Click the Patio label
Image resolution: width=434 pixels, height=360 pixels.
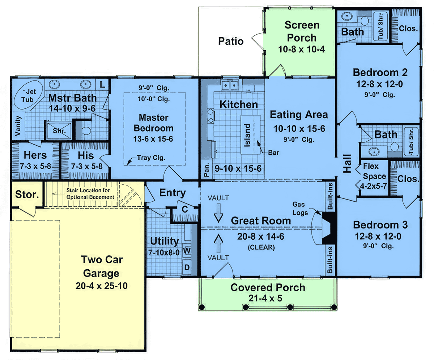coord(231,41)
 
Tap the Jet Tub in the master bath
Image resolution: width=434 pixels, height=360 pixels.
coord(28,95)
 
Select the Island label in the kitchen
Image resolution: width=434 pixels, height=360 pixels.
coord(247,135)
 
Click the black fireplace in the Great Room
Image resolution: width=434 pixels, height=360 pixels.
coord(329,228)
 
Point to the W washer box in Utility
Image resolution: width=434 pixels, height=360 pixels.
coord(187,251)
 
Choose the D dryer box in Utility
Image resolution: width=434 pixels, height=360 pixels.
coord(187,267)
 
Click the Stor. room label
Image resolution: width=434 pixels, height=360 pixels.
coord(27,194)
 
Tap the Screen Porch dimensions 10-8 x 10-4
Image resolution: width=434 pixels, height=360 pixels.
coord(301,50)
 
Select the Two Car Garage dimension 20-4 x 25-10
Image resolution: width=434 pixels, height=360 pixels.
coord(101,286)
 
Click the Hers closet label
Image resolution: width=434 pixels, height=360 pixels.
coord(35,155)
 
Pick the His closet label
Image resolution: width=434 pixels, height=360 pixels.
coord(86,155)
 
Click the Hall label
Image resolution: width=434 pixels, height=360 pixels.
coord(347,163)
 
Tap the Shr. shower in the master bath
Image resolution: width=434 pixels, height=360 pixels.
coord(59,131)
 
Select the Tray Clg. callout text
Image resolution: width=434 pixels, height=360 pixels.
coord(151,158)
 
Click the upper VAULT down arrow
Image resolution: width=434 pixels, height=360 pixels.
coord(218,213)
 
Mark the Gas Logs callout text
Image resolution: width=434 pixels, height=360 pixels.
coord(300,209)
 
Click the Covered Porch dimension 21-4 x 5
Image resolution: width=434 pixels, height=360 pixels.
coord(265,298)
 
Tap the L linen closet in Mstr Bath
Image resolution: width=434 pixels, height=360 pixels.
coord(102,85)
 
